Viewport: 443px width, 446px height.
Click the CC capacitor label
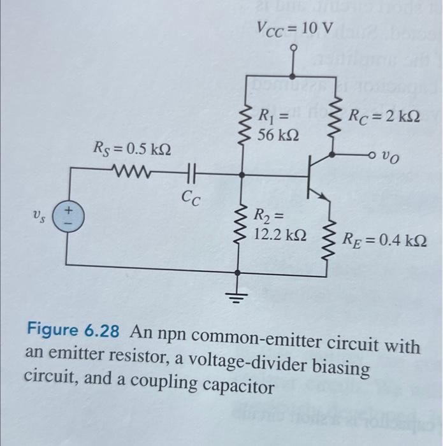pos(190,199)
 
